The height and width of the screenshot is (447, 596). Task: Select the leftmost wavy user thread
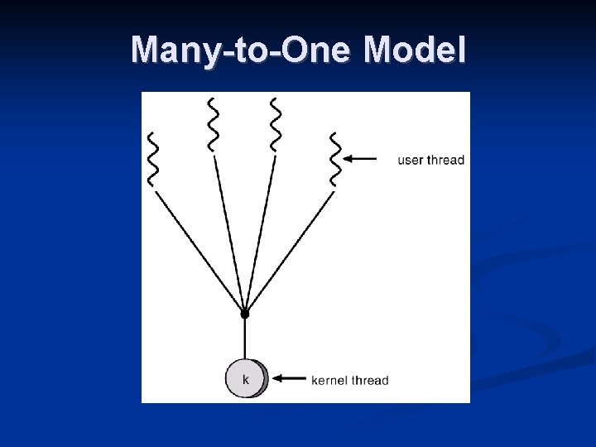point(151,159)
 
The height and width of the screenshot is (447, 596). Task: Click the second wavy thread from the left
point(213,124)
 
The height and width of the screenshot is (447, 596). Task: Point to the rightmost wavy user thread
point(335,159)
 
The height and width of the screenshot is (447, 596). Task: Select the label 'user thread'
point(431,160)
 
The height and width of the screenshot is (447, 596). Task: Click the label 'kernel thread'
point(350,381)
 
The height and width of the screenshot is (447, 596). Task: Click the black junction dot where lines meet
point(244,314)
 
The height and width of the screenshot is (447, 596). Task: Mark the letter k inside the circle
point(245,379)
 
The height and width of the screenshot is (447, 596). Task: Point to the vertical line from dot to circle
point(244,339)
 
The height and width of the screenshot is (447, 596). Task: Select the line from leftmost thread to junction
point(198,252)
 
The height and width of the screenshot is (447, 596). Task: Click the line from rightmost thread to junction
point(290,252)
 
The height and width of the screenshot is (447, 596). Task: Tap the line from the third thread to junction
point(259,232)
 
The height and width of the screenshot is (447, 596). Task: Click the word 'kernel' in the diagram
point(330,381)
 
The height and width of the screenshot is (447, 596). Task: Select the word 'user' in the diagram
point(411,160)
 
